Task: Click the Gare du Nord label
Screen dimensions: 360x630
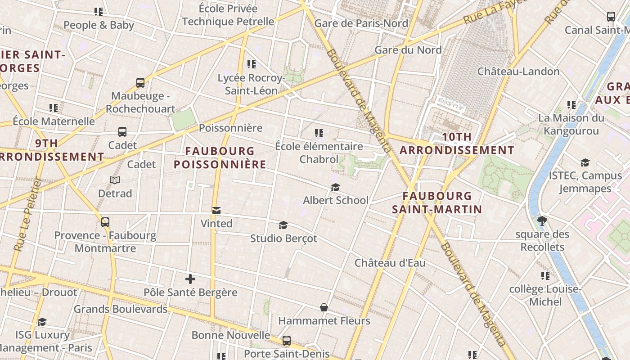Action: click(x=408, y=50)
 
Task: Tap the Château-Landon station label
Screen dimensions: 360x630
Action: click(x=518, y=72)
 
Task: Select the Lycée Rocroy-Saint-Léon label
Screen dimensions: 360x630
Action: click(x=252, y=84)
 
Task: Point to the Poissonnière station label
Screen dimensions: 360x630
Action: click(x=230, y=128)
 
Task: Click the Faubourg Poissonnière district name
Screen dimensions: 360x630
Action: click(x=220, y=157)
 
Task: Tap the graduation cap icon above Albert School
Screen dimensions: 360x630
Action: click(x=335, y=187)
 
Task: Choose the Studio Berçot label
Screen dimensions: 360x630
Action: click(x=283, y=238)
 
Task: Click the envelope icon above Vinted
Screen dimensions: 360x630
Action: click(x=216, y=211)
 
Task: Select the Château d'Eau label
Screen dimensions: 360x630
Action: click(x=390, y=263)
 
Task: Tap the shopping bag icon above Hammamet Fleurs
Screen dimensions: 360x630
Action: click(x=324, y=308)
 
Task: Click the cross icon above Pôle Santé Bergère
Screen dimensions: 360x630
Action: click(x=190, y=279)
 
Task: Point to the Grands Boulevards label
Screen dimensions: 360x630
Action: click(x=121, y=309)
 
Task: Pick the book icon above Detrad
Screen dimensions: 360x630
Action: click(x=115, y=180)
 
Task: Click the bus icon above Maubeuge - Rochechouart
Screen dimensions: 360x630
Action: click(x=140, y=83)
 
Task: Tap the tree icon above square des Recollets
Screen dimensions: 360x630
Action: click(x=542, y=221)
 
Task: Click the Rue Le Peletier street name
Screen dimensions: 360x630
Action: click(x=28, y=214)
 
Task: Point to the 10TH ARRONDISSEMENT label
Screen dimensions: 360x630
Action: click(x=457, y=144)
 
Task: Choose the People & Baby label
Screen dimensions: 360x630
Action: click(x=99, y=25)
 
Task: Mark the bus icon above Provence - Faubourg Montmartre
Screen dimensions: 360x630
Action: click(x=105, y=222)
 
